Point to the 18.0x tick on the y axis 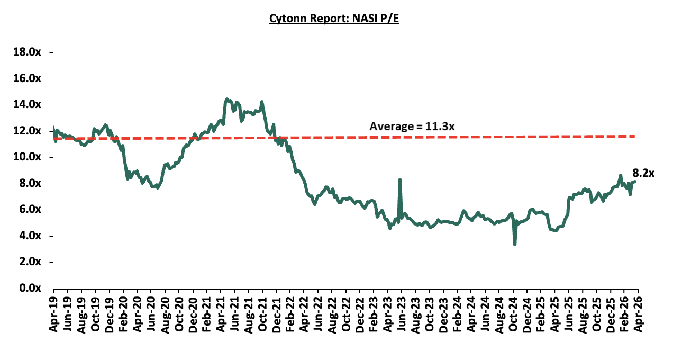pyautogui.click(x=33, y=52)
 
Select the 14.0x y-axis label pyautogui.click(x=33, y=105)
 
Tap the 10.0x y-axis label pyautogui.click(x=33, y=157)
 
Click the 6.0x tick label pyautogui.click(x=36, y=210)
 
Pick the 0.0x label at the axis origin pyautogui.click(x=36, y=288)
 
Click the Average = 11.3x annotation pyautogui.click(x=412, y=127)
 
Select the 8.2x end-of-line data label pyautogui.click(x=643, y=173)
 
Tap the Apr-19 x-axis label pyautogui.click(x=53, y=313)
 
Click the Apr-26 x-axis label pyautogui.click(x=638, y=313)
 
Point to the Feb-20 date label pyautogui.click(x=123, y=313)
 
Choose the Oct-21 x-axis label pyautogui.click(x=262, y=313)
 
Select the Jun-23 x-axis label pyautogui.click(x=401, y=313)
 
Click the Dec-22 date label pyautogui.click(x=359, y=313)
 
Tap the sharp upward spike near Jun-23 pyautogui.click(x=399, y=179)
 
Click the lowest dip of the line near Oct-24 pyautogui.click(x=514, y=244)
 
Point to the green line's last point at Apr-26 pyautogui.click(x=635, y=182)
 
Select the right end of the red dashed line pyautogui.click(x=635, y=136)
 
